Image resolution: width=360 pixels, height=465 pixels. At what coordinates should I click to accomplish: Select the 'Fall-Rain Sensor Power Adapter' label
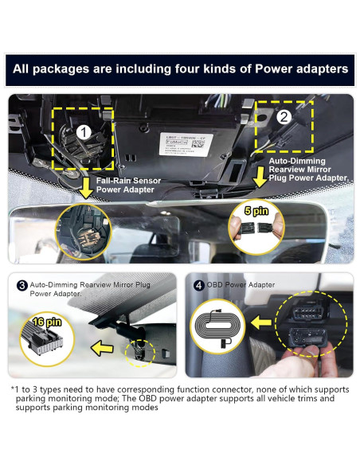coord(128,186)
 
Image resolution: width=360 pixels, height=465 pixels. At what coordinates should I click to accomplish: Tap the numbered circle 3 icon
coord(22,284)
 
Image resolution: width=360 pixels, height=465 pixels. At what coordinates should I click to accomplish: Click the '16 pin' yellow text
coord(47,321)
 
